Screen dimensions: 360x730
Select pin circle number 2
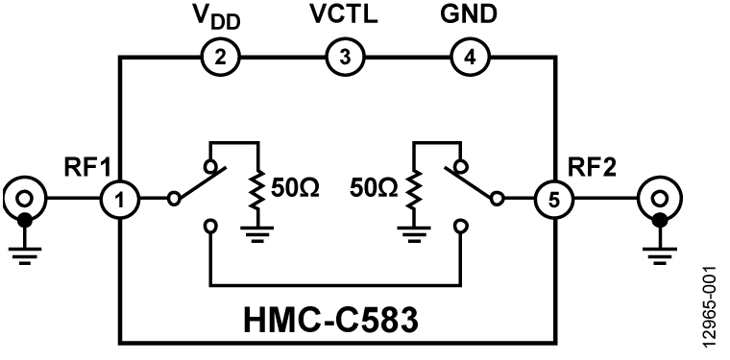coord(220,57)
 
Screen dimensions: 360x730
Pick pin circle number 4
coord(468,57)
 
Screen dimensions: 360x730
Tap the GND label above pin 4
coord(469,16)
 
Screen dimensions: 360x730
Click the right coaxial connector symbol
coord(658,201)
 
